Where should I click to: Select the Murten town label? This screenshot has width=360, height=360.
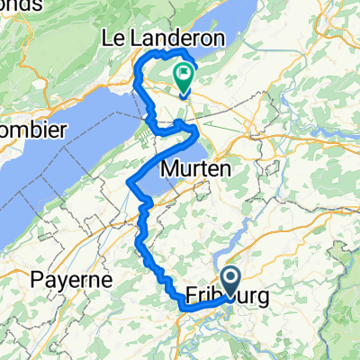194,168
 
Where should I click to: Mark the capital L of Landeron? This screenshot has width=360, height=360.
137,40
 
